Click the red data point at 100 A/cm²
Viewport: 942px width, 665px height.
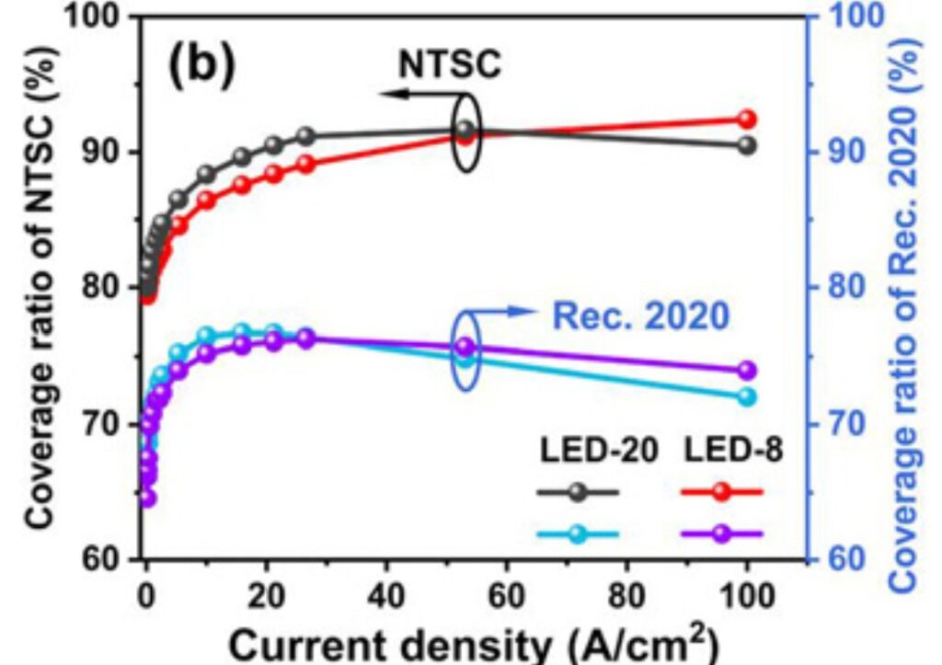coord(747,120)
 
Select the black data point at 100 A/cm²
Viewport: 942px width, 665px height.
coord(747,145)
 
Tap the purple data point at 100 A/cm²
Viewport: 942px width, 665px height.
coord(747,371)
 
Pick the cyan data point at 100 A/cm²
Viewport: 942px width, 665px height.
coord(747,396)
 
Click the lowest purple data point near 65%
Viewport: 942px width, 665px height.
coord(147,498)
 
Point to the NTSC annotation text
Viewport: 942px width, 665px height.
coord(451,63)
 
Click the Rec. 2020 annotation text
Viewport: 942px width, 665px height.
coord(640,317)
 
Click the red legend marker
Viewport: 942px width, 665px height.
coord(721,492)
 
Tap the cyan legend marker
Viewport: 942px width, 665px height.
coord(578,533)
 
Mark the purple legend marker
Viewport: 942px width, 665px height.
coord(721,533)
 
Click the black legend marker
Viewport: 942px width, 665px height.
coord(578,492)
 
